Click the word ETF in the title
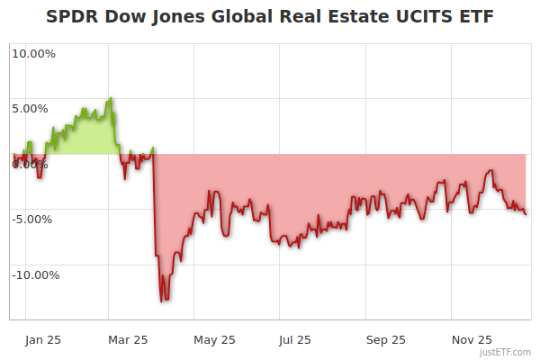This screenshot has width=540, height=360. [472, 18]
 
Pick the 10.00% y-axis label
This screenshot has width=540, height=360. [33, 53]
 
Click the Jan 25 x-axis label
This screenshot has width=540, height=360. [42, 339]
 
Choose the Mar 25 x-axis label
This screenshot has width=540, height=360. [127, 339]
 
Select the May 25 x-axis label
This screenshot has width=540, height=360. [214, 339]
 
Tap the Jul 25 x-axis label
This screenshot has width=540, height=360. [296, 339]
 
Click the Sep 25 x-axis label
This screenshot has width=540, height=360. [385, 339]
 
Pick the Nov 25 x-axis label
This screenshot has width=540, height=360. [471, 339]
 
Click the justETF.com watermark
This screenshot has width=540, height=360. [506, 352]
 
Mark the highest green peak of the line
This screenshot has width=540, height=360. [111, 98]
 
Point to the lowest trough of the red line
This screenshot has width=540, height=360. [162, 301]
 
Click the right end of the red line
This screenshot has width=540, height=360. [526, 214]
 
